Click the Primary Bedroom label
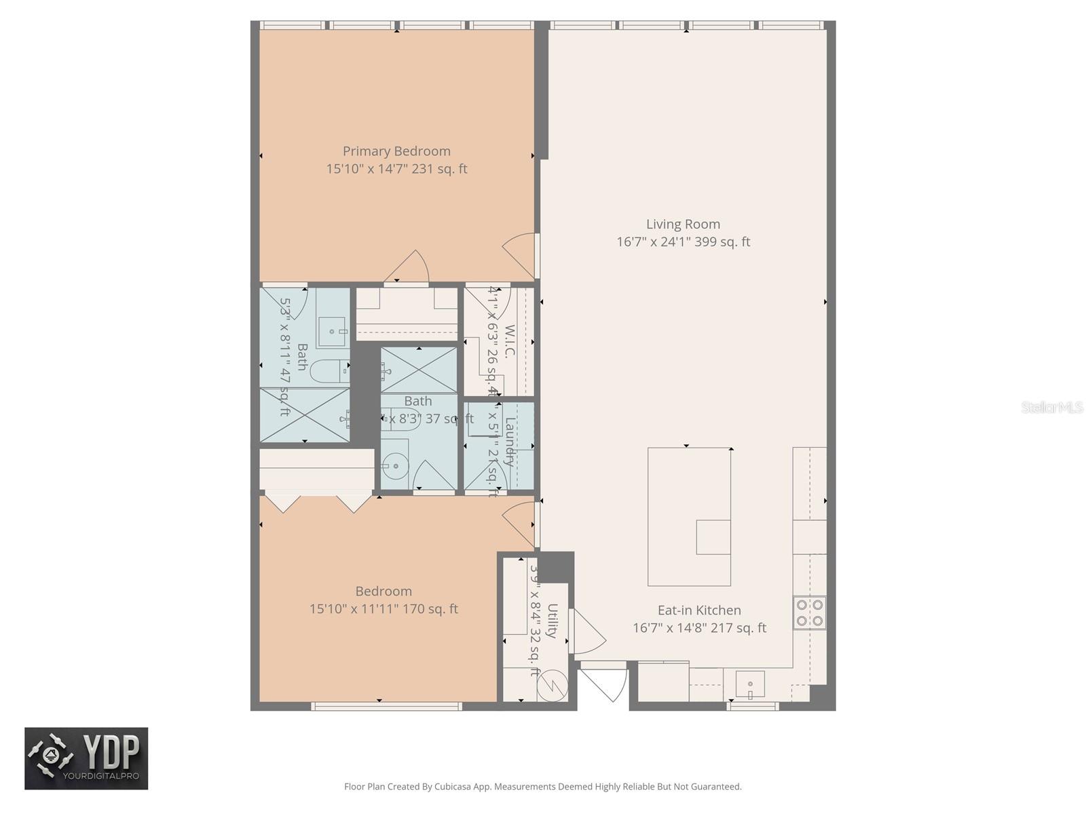coord(396,151)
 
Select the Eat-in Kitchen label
coord(699,610)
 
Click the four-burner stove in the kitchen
coord(810,613)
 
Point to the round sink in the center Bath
coord(392,466)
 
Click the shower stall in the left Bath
coord(304,414)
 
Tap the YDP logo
coord(86,758)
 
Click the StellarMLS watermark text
coord(1051,408)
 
